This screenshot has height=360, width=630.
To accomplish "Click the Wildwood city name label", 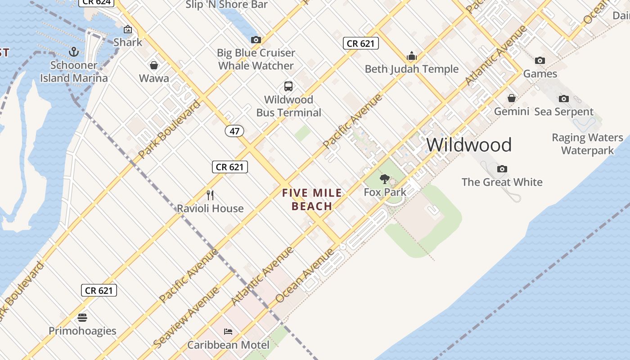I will [469, 145].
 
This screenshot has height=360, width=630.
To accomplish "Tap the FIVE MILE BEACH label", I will [312, 200].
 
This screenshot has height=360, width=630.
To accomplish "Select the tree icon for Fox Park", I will [385, 180].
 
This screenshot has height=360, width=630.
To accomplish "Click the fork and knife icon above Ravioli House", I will [210, 195].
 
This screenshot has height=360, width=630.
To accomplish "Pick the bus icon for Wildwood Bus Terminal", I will [288, 86].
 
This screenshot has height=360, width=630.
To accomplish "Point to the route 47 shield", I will [234, 131].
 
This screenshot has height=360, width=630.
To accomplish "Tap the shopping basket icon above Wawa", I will [154, 66].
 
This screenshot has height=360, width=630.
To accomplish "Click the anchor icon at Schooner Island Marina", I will [74, 52].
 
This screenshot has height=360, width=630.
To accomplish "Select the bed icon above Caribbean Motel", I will [228, 332].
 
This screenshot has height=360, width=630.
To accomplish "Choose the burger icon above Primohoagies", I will [82, 318].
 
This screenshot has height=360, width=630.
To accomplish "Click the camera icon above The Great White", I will [502, 169].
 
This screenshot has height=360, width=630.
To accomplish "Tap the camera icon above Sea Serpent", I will [563, 99].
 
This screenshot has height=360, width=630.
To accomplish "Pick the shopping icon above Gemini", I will [512, 98].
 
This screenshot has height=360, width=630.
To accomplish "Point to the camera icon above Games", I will [540, 60].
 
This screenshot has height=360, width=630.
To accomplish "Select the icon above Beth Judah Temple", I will [411, 56].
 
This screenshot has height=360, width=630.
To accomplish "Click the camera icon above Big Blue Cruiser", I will [256, 40].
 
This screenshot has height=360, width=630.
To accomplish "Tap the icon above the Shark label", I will [128, 30].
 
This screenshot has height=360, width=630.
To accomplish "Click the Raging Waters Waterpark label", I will [587, 144].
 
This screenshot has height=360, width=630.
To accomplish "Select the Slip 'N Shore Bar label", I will [227, 5].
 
